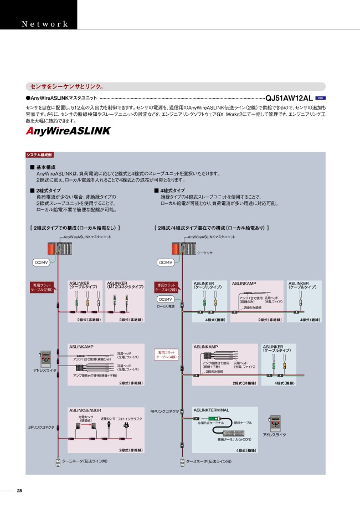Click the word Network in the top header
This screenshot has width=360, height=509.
tap(45, 24)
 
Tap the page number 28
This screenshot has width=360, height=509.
tap(19, 491)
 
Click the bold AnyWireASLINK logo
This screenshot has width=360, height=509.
tap(68, 131)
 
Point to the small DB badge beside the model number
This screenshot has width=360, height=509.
tap(320, 97)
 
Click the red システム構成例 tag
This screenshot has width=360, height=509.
tap(40, 155)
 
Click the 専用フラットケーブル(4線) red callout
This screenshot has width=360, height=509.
tap(167, 353)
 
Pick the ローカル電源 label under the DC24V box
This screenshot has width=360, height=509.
tap(166, 306)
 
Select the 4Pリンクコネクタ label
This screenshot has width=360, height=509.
tap(165, 411)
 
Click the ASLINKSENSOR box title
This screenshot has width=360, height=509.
tap(86, 410)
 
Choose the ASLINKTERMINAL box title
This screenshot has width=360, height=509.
tap(211, 410)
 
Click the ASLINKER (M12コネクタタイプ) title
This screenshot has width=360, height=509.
tap(125, 285)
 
